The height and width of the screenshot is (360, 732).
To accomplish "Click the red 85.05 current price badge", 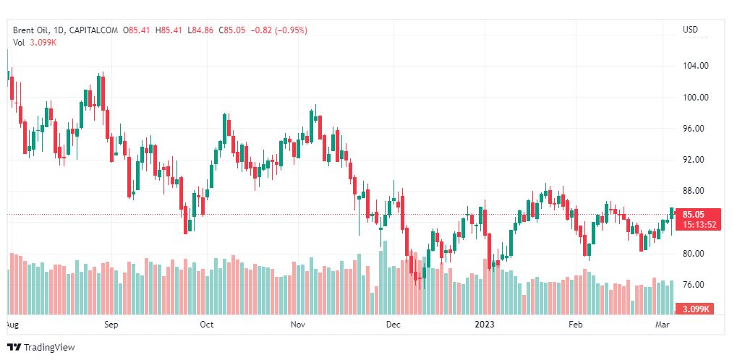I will pos(699,214).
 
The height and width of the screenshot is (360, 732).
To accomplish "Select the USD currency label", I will pos(690,30).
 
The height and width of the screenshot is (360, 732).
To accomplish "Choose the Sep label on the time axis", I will pos(111,325).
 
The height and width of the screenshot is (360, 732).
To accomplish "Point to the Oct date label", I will pos(207,325).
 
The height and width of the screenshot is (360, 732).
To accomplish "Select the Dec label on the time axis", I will pos(393,325).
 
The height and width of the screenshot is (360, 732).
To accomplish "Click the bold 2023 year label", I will pos(484,325).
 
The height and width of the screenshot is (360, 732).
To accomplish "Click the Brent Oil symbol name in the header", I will pos(33,30).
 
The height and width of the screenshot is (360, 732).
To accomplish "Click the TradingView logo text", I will pos(48,348).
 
